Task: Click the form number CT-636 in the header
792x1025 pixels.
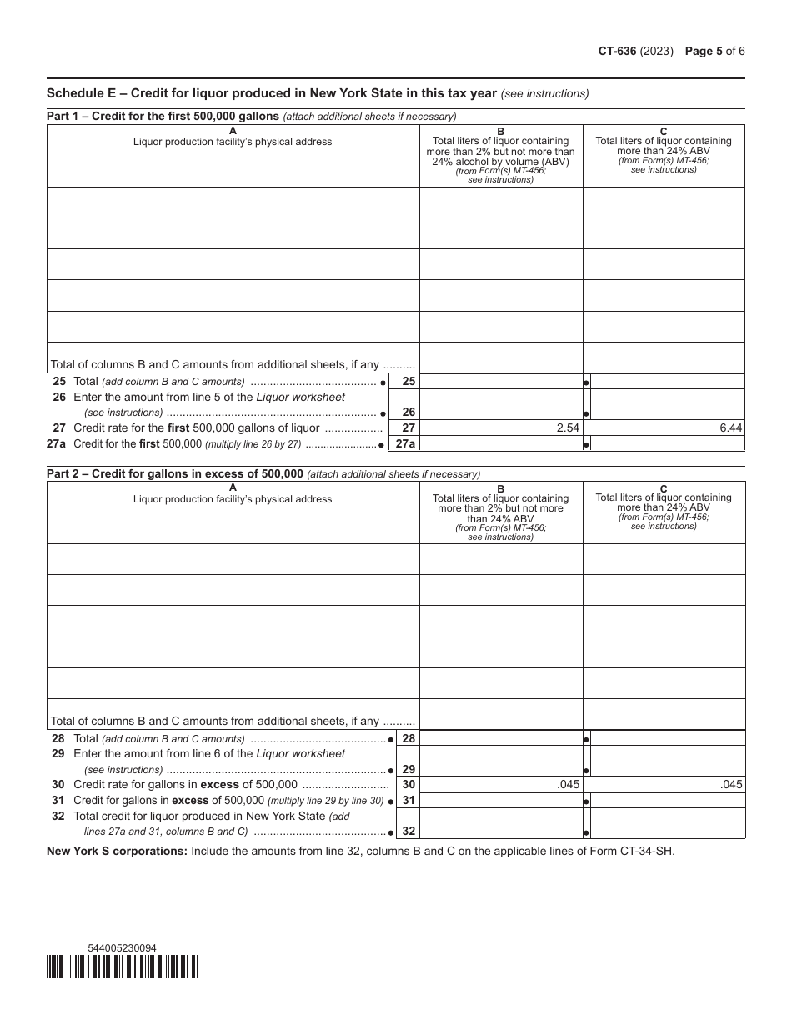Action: tap(617, 51)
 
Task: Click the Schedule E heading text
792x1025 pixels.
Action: tap(271, 92)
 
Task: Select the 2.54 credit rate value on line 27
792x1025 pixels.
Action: tap(567, 428)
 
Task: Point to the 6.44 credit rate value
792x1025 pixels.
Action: tap(730, 428)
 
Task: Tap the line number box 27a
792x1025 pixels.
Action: tap(406, 444)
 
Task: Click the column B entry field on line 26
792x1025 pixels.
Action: tap(500, 404)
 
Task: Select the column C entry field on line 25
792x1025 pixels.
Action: tap(667, 381)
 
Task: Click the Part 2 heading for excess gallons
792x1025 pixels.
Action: tap(175, 473)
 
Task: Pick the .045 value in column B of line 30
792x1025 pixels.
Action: tap(569, 785)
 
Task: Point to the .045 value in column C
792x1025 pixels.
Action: tap(732, 785)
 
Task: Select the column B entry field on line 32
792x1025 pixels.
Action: tap(500, 824)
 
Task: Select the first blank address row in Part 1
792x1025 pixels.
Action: tap(233, 202)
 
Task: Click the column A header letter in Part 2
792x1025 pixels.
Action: tap(233, 487)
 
